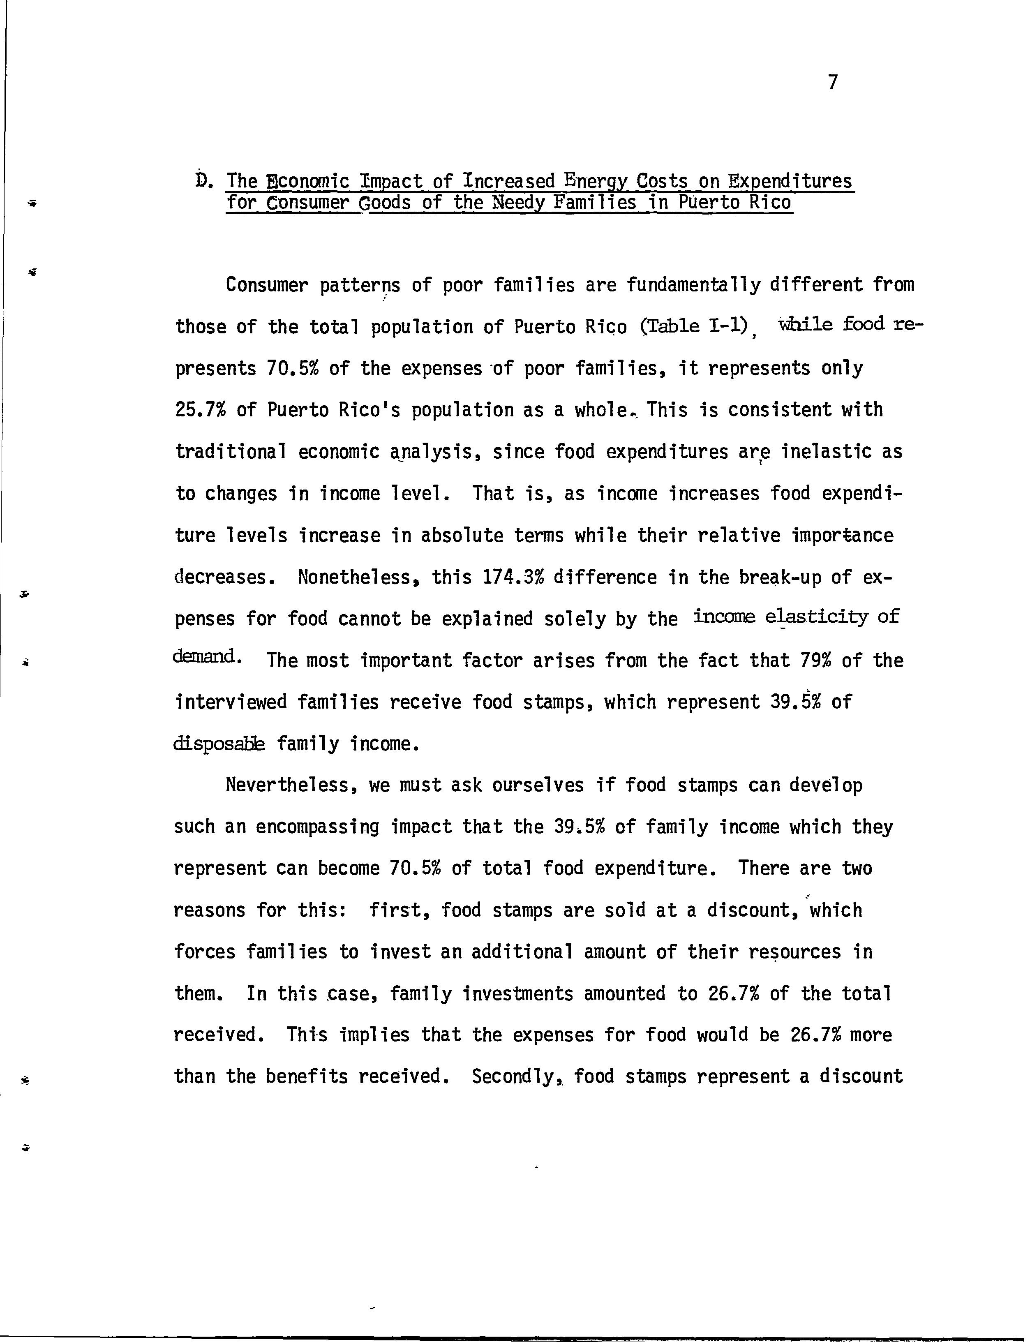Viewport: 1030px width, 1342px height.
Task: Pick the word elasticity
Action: (817, 618)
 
